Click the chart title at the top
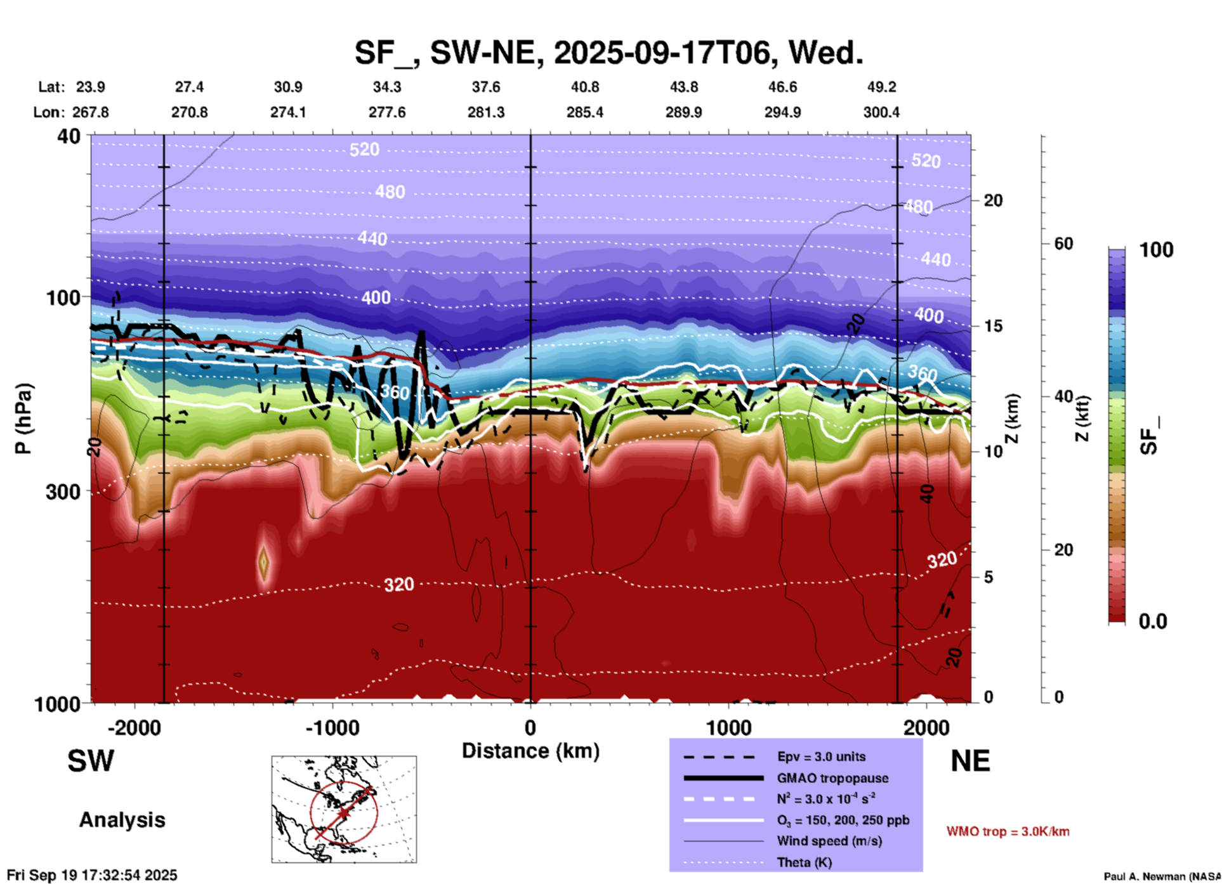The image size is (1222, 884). [608, 53]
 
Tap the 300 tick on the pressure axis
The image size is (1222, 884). [63, 491]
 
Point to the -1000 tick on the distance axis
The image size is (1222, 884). [332, 727]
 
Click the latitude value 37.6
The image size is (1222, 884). [486, 87]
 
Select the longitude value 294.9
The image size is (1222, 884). [782, 112]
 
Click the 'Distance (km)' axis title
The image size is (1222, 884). [530, 751]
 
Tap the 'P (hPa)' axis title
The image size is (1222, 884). [23, 419]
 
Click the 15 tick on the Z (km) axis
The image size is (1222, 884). [993, 326]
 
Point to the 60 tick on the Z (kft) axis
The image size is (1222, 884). [1063, 244]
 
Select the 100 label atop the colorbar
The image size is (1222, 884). [1156, 250]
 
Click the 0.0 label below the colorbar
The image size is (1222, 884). [1153, 621]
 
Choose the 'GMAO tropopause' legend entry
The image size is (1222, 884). [832, 778]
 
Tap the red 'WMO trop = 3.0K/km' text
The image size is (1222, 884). [1008, 831]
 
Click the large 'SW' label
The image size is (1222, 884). [91, 761]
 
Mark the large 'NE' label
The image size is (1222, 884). [970, 761]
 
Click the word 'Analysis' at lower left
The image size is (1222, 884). [122, 820]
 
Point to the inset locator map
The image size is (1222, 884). [344, 809]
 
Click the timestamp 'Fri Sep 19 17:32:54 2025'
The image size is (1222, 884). [92, 875]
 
